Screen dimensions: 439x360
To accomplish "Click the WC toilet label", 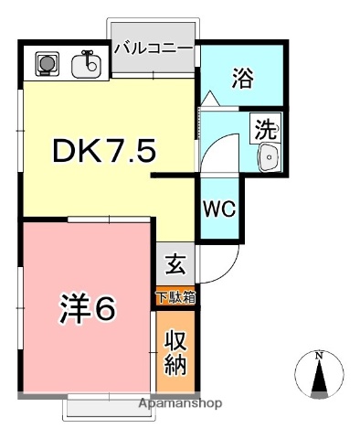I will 219,208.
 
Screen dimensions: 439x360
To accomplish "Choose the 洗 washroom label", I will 265,129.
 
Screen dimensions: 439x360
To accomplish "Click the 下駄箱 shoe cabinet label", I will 175,297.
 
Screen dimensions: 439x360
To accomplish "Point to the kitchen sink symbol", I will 90,65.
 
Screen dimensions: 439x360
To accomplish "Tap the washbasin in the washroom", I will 269,158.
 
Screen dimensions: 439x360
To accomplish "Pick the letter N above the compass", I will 319,355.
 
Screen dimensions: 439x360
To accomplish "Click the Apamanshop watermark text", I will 180,402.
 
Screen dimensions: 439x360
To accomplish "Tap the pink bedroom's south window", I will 107,402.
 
